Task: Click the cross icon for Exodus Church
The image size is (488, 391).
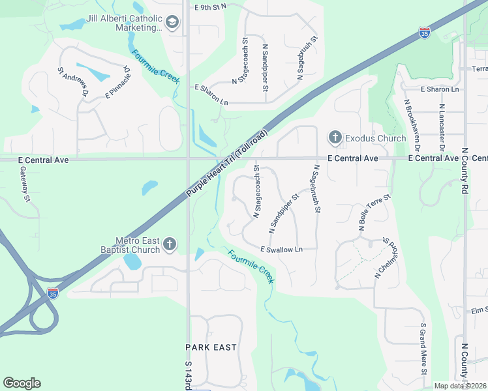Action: (x=335, y=137)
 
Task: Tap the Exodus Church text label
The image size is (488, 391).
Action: (x=368, y=138)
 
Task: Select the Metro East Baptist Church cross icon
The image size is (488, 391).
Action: (x=169, y=244)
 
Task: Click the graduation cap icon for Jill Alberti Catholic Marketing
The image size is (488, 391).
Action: (x=172, y=23)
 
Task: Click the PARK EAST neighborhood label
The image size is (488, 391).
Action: (x=211, y=347)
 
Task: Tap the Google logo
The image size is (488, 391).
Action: (x=22, y=383)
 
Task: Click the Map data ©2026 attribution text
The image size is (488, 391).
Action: (x=461, y=386)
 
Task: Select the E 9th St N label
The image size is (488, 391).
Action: (x=210, y=6)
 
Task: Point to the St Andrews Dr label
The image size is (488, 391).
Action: (x=73, y=82)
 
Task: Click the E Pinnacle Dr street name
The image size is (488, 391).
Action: (x=118, y=81)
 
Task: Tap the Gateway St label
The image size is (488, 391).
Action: (x=25, y=184)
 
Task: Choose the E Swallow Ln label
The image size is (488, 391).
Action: (x=282, y=250)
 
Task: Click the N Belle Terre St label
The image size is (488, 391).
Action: (x=374, y=212)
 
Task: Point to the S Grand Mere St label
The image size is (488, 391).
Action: (x=423, y=349)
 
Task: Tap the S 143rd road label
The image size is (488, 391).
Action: (x=188, y=377)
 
